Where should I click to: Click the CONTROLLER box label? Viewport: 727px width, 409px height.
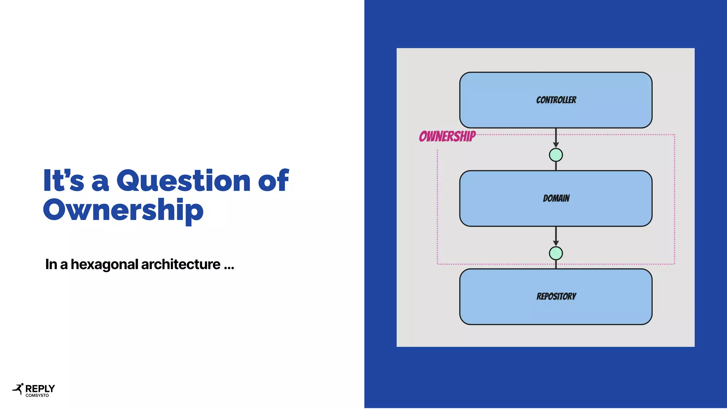pos(556,100)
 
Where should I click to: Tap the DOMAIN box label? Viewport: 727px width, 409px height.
pos(556,198)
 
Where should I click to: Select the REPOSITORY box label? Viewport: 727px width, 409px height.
pos(556,296)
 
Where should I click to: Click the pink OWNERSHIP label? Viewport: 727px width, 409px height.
pos(447,136)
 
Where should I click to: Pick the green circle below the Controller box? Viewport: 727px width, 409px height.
pos(556,155)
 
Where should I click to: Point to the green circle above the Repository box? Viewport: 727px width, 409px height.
pos(556,253)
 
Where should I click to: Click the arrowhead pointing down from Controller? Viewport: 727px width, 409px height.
pos(556,145)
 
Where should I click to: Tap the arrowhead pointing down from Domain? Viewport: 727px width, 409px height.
pos(556,243)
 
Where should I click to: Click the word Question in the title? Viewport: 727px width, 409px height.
pos(184,181)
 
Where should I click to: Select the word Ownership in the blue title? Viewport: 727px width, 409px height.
pos(123,210)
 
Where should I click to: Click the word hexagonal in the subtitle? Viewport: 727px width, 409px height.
pos(104,265)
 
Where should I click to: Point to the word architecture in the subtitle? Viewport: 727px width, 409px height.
pos(181,265)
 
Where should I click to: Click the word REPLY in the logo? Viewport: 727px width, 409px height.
pos(40,388)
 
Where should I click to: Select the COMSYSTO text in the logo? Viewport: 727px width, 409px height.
pos(37,396)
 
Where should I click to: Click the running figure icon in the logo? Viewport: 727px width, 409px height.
pos(18,389)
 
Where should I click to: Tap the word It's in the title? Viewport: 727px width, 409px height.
pos(64,181)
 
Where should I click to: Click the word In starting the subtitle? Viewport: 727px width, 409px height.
pos(51,265)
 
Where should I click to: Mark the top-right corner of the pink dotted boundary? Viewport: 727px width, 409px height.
pos(674,135)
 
